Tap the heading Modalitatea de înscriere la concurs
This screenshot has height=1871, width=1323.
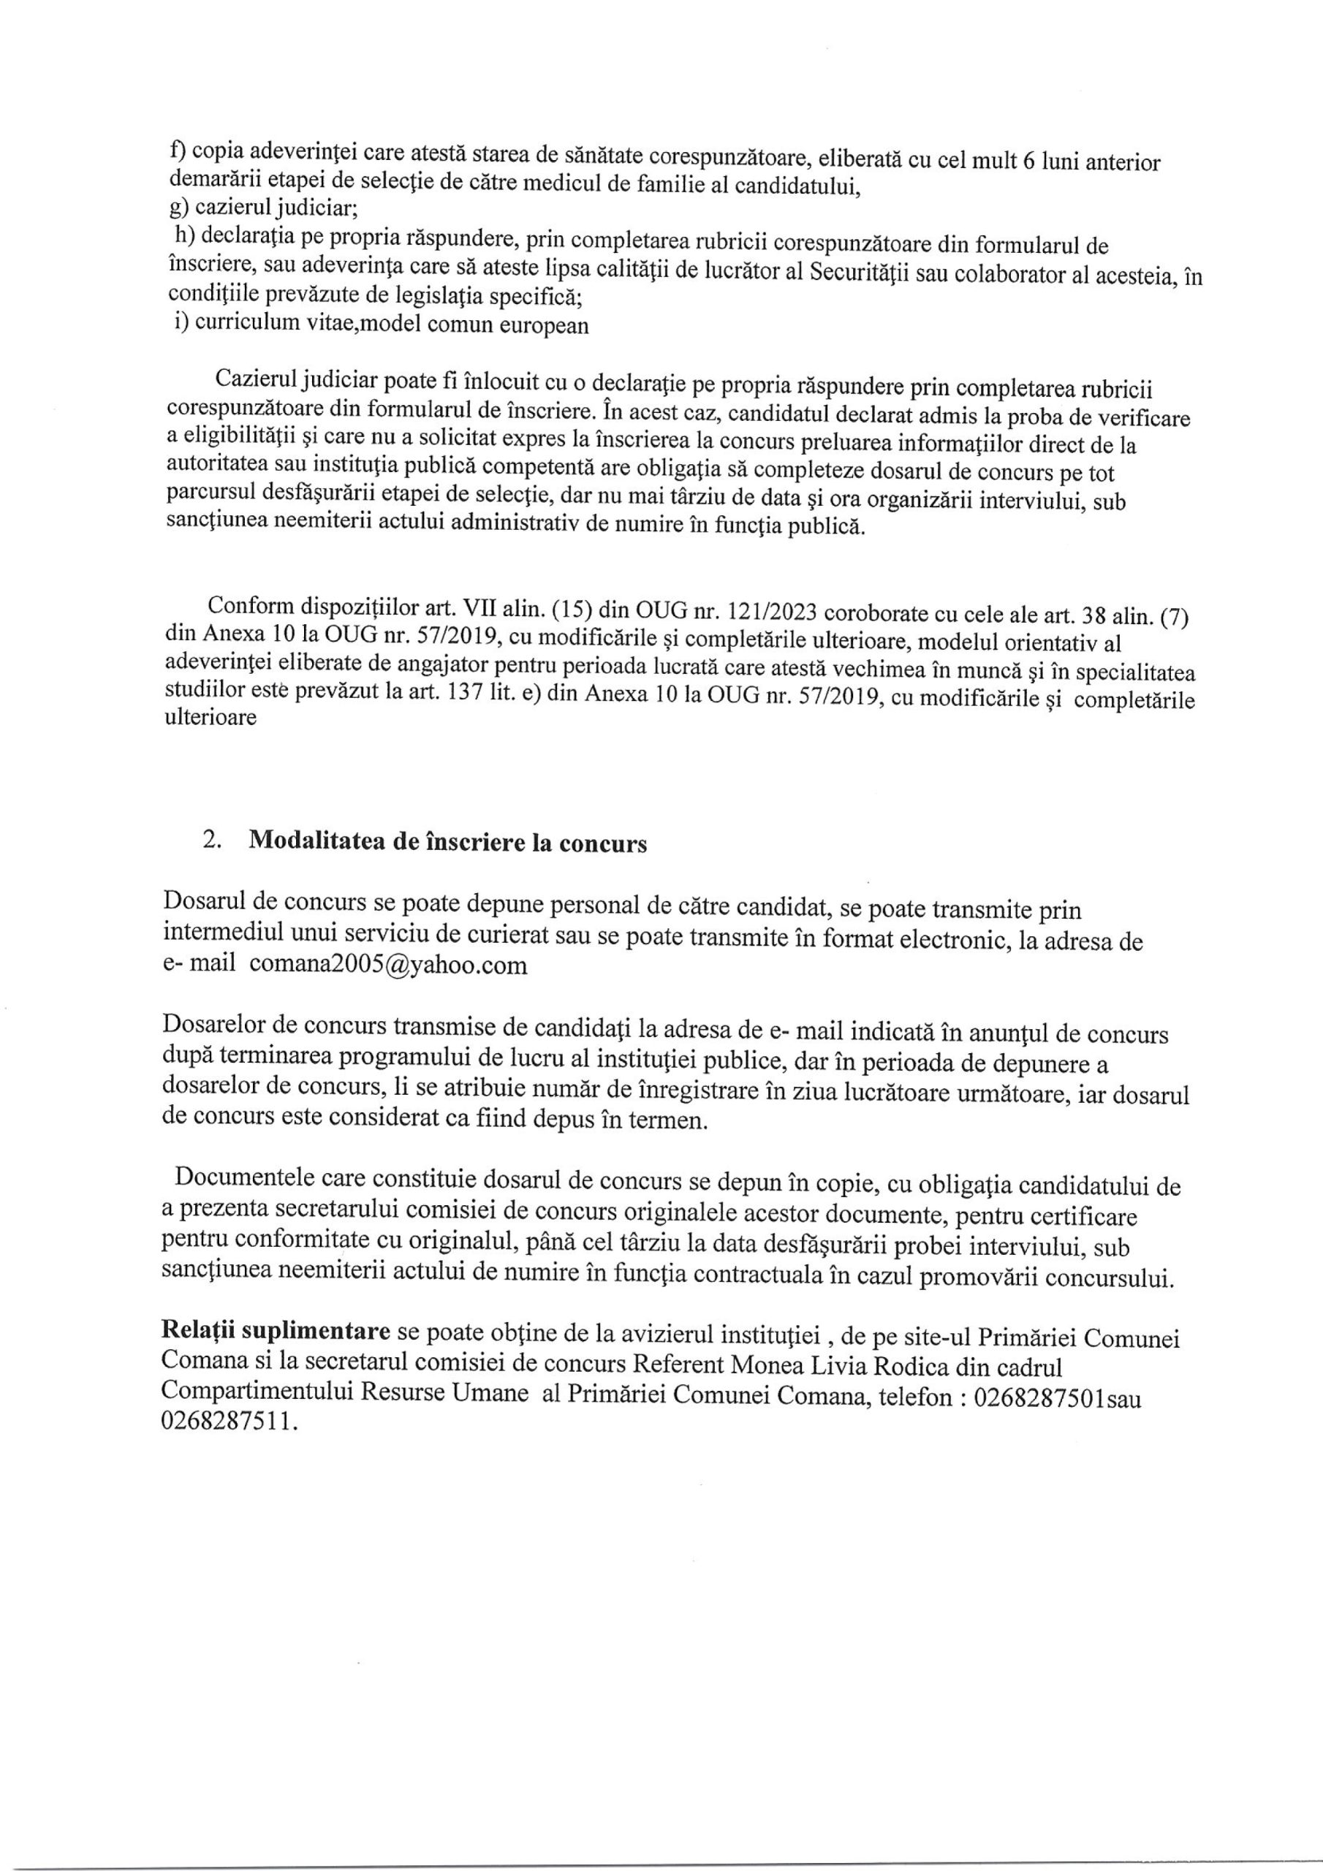point(447,843)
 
